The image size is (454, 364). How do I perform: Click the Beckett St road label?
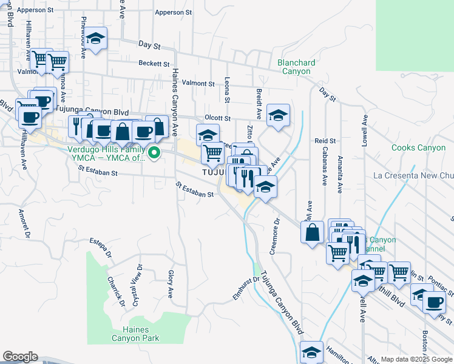click(x=153, y=64)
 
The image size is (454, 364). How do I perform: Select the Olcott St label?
click(x=217, y=118)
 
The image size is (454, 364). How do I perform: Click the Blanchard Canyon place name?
click(x=296, y=67)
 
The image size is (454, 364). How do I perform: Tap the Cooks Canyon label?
click(x=418, y=148)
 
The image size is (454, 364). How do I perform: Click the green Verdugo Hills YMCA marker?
click(x=154, y=153)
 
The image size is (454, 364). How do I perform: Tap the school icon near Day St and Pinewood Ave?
click(x=95, y=38)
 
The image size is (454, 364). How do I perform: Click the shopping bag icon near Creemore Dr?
click(x=312, y=232)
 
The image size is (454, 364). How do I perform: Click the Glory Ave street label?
click(x=171, y=285)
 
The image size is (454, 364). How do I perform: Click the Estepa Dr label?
click(x=101, y=248)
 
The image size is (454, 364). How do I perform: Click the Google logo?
click(x=20, y=357)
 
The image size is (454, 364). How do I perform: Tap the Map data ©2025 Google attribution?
click(x=416, y=359)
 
